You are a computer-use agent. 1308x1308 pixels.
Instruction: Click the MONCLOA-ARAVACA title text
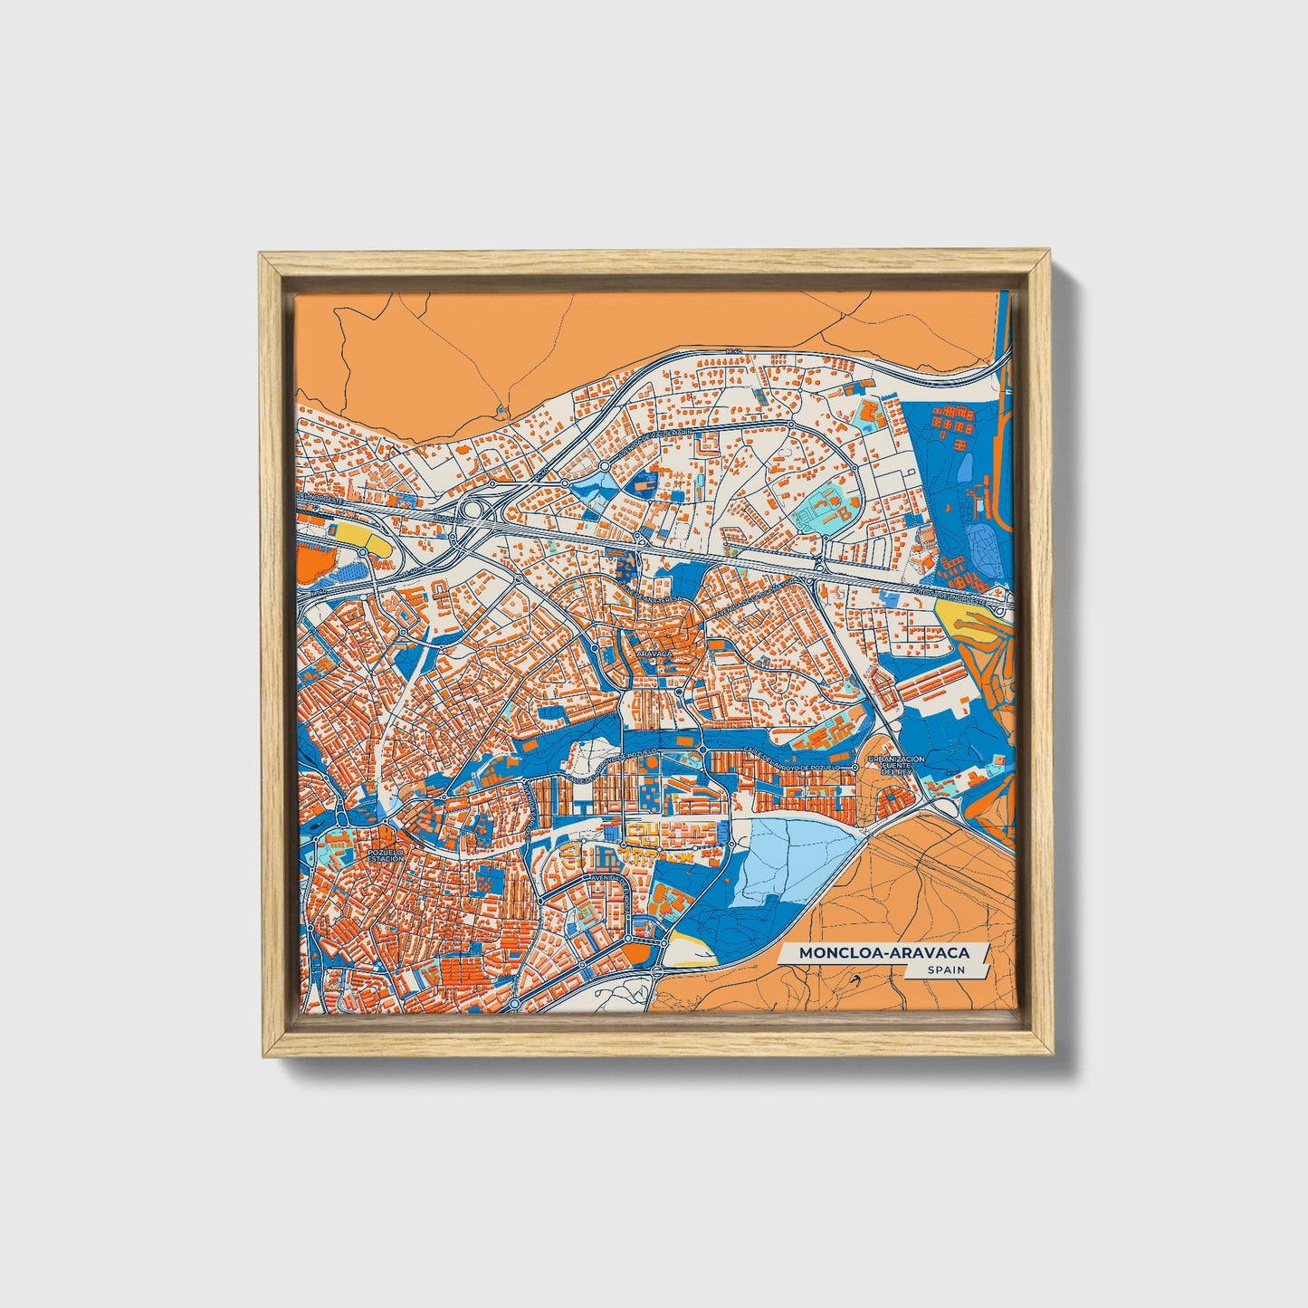pyautogui.click(x=883, y=952)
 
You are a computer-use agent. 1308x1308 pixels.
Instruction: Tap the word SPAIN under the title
pyautogui.click(x=945, y=969)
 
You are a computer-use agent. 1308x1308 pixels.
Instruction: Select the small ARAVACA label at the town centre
pyautogui.click(x=654, y=652)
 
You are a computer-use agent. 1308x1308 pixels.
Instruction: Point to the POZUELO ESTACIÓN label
pyautogui.click(x=386, y=854)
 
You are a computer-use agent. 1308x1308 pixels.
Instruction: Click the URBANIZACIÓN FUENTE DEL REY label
pyautogui.click(x=895, y=766)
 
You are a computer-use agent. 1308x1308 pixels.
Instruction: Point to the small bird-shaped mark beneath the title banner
pyautogui.click(x=854, y=979)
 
